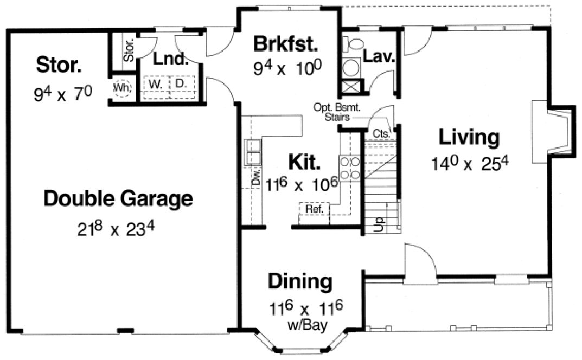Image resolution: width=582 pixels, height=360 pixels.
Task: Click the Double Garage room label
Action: [x=118, y=199]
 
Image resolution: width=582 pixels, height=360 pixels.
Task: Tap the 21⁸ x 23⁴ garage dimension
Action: [x=117, y=228]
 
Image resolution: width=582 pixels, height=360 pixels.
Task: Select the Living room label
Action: [x=469, y=138]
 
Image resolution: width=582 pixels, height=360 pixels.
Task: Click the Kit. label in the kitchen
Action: [x=304, y=161]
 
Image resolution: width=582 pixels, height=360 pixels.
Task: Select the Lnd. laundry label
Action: [x=170, y=58]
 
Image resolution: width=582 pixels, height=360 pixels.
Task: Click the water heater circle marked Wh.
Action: [x=121, y=88]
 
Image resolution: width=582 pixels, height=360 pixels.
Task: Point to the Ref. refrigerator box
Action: [x=313, y=209]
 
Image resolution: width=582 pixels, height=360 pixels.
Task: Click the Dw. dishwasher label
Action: [x=255, y=179]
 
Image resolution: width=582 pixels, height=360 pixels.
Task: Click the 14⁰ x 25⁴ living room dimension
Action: [x=470, y=162]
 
